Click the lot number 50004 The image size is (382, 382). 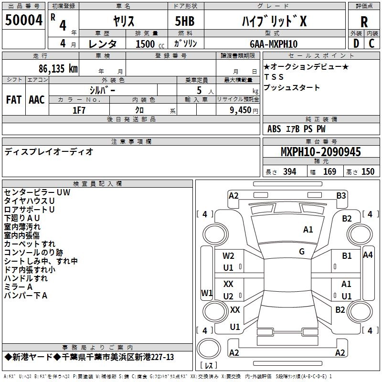pos(24,21)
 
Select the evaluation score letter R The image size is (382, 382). pos(364,21)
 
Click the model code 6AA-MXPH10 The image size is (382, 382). pos(273,44)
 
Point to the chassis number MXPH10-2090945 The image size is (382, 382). pos(320,152)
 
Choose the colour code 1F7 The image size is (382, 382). pos(79,110)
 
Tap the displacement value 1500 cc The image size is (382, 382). pos(146,44)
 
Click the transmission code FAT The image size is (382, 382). pos(13,100)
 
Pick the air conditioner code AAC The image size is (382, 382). pos(37,100)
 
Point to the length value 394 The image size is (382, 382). pos(290,171)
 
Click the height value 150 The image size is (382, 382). pos(368,171)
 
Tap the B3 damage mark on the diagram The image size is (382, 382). pos(341,195)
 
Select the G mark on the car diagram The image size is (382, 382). pos(302,251)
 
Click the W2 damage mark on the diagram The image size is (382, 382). pos(229,256)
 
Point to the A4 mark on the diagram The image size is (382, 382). pos(368,255)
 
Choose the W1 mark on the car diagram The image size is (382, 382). pos(206,292)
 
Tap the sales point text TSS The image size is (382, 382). pos(274,77)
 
